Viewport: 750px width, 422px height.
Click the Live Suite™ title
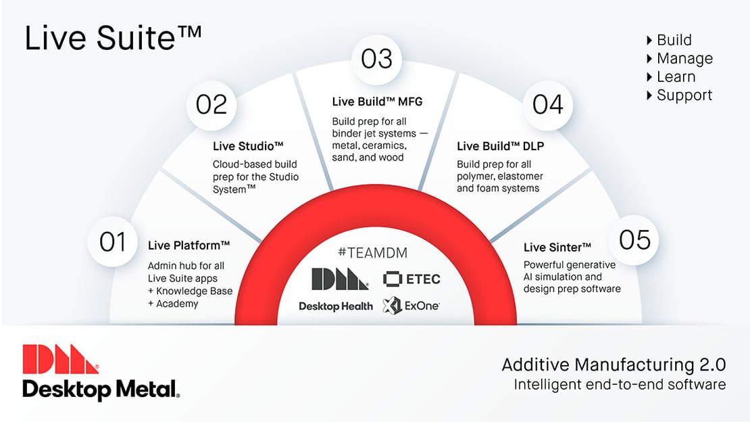(113, 39)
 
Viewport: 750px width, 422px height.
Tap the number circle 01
(113, 241)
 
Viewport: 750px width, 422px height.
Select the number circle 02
(211, 105)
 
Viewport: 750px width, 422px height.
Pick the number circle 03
(376, 59)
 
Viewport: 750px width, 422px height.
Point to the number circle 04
(548, 105)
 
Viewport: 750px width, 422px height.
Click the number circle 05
(634, 240)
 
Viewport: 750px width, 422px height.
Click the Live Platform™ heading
(189, 245)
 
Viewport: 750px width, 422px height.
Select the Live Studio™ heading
(247, 146)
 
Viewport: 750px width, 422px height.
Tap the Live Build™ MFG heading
(377, 102)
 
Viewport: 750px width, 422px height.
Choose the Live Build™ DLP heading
(500, 146)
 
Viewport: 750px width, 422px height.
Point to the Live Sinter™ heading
(557, 247)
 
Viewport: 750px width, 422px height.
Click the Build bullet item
(674, 40)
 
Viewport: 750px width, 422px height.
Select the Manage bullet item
(684, 59)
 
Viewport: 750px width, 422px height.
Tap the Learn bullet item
(676, 77)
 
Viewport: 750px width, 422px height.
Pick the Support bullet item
(684, 95)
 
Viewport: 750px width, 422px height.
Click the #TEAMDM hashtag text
(373, 253)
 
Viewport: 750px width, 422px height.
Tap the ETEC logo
(411, 279)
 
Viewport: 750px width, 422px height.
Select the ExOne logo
(411, 306)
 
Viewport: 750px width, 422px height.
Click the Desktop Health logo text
(336, 306)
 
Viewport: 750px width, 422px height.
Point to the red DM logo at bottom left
(61, 359)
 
